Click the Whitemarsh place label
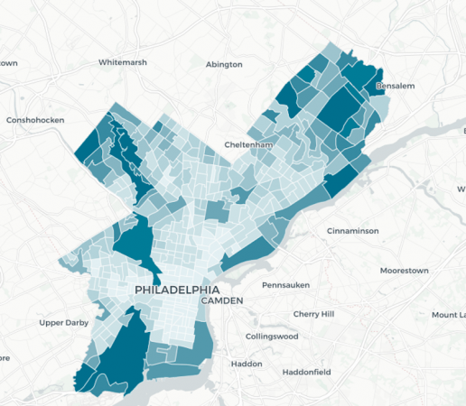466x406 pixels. pyautogui.click(x=124, y=62)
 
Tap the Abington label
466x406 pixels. pyautogui.click(x=224, y=64)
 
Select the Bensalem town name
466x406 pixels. pyautogui.click(x=394, y=87)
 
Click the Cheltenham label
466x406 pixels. pyautogui.click(x=248, y=145)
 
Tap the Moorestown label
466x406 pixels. pyautogui.click(x=404, y=270)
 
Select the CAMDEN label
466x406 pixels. pyautogui.click(x=223, y=300)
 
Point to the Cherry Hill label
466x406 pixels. pyautogui.click(x=313, y=314)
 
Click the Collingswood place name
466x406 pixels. pyautogui.click(x=272, y=337)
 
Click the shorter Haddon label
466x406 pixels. pyautogui.click(x=247, y=364)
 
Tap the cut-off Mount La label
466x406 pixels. pyautogui.click(x=448, y=315)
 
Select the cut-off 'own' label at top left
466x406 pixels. pyautogui.click(x=8, y=63)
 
